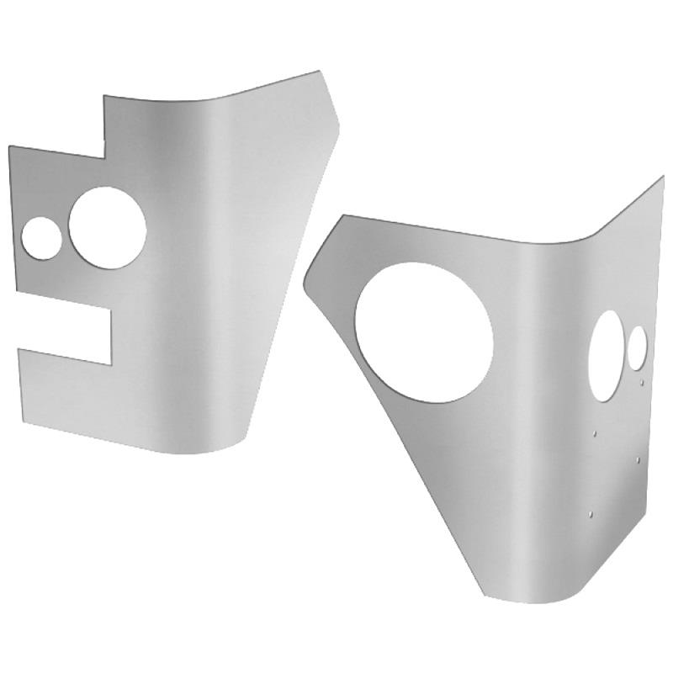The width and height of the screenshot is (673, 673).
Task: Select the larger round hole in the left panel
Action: point(107,227)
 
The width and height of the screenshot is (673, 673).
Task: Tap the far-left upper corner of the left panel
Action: point(9,148)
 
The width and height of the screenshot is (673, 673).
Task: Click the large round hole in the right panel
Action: point(423,331)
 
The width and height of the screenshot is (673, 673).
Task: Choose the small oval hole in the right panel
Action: point(639,345)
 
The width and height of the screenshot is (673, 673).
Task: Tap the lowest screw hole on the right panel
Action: point(592,511)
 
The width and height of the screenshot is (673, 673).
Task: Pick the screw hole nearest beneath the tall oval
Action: point(596,434)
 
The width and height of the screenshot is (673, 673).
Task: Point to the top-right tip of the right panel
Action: point(662,178)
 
